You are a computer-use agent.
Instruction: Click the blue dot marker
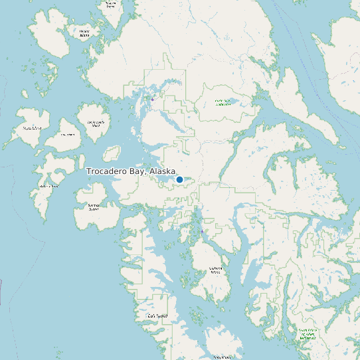[179, 179]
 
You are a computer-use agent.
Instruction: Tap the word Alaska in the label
[163, 171]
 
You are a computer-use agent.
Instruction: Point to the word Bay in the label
[139, 171]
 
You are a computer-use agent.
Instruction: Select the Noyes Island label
[31, 128]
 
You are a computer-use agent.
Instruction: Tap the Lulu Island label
[68, 135]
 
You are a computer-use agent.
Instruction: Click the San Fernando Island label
[98, 124]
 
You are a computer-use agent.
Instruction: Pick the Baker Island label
[48, 186]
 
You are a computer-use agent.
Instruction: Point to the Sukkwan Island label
[215, 270]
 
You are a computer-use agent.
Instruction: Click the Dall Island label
[157, 316]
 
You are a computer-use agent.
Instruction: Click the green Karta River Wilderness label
[223, 102]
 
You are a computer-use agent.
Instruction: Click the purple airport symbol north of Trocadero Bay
[152, 99]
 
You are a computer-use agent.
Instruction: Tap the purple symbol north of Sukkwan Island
[202, 232]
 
